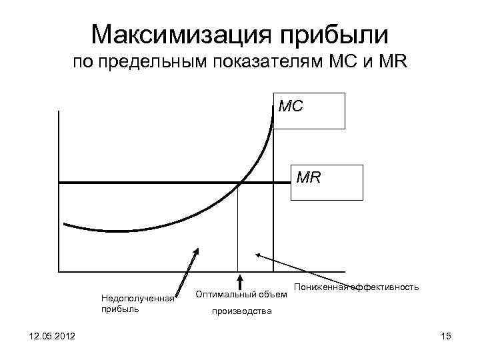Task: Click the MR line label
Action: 309,177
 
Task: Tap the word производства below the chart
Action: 241,311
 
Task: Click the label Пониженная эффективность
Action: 356,287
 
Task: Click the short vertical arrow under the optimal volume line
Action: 240,283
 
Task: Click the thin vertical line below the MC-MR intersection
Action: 239,227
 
